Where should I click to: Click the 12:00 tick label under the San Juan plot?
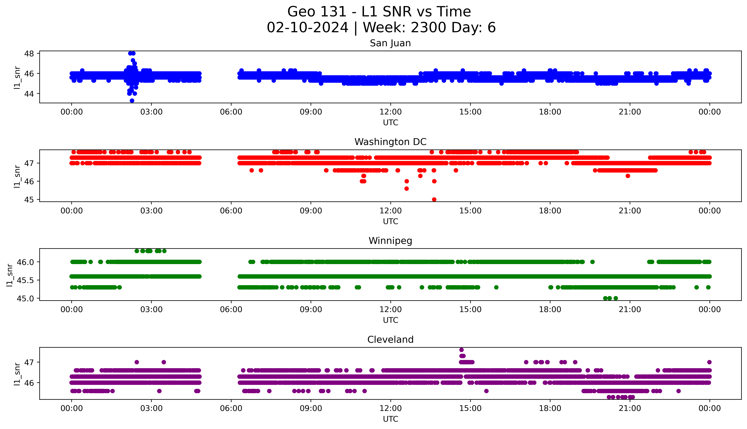(x=390, y=112)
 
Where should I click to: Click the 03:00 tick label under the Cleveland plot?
(x=151, y=408)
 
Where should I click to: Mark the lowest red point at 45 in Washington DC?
(x=434, y=199)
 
